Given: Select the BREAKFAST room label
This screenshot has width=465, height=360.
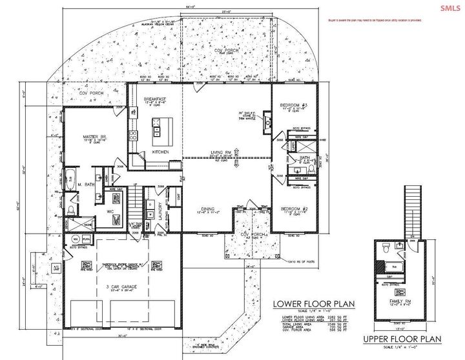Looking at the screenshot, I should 154,99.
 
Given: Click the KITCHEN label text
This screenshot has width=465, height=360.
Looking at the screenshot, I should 160,152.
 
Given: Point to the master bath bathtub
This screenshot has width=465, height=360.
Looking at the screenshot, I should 71,180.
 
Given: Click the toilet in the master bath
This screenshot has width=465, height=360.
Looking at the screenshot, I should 72,211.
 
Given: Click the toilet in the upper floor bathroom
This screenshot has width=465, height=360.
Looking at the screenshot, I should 385,247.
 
